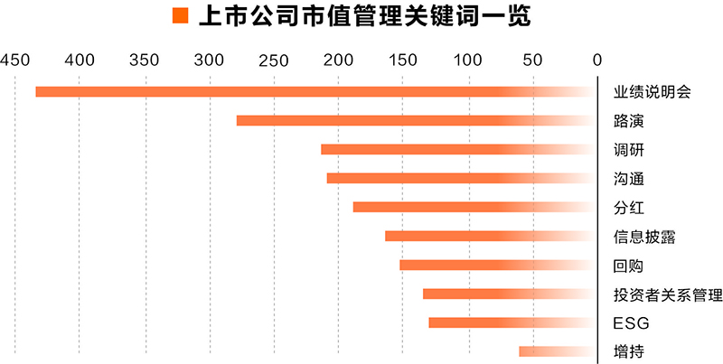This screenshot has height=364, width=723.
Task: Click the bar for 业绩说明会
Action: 316,91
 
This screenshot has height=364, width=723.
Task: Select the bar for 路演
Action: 417,120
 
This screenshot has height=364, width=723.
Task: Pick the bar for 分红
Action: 474,207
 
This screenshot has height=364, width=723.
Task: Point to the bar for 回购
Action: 498,265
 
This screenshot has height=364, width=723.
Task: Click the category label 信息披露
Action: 644,237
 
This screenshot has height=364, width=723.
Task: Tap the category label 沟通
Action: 628,179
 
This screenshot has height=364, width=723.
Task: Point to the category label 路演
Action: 628,121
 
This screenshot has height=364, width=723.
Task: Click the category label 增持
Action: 628,352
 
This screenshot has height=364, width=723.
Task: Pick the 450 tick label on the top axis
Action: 15,61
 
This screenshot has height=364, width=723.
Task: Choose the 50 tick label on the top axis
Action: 532,61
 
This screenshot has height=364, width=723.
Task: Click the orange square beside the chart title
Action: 180,16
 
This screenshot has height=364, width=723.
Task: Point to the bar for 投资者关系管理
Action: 510,294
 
